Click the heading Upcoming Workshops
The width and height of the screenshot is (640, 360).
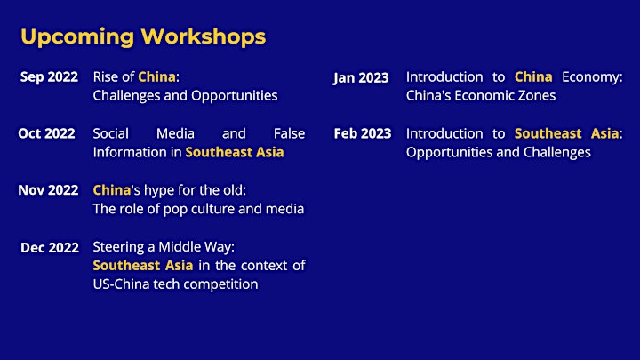tap(143, 37)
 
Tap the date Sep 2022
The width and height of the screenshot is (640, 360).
tap(49, 77)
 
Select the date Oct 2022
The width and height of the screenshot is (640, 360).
tap(46, 133)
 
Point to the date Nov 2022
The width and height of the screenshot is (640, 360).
tap(48, 190)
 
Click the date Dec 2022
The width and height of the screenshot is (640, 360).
tap(50, 247)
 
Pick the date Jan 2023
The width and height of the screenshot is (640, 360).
tap(361, 78)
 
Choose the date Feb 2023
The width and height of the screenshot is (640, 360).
tap(363, 133)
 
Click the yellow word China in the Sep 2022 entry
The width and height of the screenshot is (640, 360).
tap(156, 76)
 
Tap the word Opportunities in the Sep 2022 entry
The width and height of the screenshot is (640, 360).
tap(235, 96)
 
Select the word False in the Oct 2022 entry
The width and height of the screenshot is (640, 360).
tap(289, 133)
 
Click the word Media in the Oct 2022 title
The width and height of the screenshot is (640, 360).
tap(175, 133)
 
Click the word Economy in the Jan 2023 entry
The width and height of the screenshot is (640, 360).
tap(592, 77)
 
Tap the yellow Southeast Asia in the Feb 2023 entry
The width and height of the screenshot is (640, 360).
tap(566, 133)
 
